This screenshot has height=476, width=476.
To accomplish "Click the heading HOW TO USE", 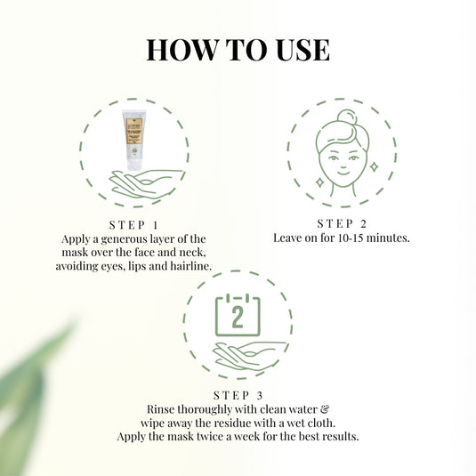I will click(x=238, y=49).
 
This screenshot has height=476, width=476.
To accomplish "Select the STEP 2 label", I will click(x=341, y=222).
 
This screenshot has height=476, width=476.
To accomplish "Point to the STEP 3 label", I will click(x=238, y=395).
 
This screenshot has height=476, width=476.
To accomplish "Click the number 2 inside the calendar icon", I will click(x=238, y=316).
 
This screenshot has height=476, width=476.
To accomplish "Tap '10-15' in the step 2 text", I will click(x=347, y=238).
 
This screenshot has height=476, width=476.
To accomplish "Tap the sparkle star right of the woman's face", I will click(x=373, y=166).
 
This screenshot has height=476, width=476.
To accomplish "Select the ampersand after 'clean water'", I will click(x=313, y=409).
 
